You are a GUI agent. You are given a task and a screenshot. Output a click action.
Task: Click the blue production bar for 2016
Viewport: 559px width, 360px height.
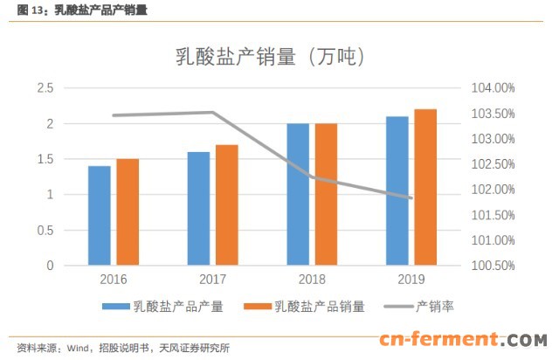pos(100,216)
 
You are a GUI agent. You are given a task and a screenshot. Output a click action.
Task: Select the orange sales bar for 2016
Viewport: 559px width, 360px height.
pos(128,212)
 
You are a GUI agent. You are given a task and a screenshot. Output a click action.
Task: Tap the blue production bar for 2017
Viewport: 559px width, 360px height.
pos(198,209)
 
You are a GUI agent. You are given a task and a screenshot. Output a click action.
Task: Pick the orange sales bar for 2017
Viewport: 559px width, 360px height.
pos(226,205)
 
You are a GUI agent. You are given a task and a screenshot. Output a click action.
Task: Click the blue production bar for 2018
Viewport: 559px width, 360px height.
pos(298,194)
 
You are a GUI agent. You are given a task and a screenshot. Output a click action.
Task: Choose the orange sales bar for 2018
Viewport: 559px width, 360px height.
pos(326,194)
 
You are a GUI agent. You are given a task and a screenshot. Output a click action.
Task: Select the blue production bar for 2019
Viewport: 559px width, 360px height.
pos(397,190)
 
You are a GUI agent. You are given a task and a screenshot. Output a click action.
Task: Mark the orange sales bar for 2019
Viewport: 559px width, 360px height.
pos(424,187)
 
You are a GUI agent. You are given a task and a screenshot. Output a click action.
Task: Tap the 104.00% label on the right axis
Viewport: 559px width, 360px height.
pos(492,88)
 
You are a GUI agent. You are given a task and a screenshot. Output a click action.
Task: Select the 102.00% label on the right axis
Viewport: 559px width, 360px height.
pos(492,190)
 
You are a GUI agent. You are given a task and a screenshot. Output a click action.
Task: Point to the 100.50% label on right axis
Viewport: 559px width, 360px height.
pos(492,266)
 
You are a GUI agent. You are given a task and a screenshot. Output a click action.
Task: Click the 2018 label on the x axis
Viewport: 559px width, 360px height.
pos(312,280)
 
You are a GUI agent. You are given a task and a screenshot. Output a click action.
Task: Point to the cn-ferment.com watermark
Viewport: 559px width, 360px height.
pos(462,340)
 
